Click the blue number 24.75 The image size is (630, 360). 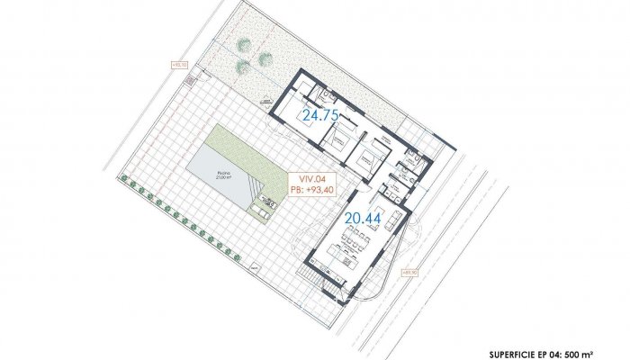[319, 115]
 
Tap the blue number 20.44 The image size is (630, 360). [362, 217]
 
